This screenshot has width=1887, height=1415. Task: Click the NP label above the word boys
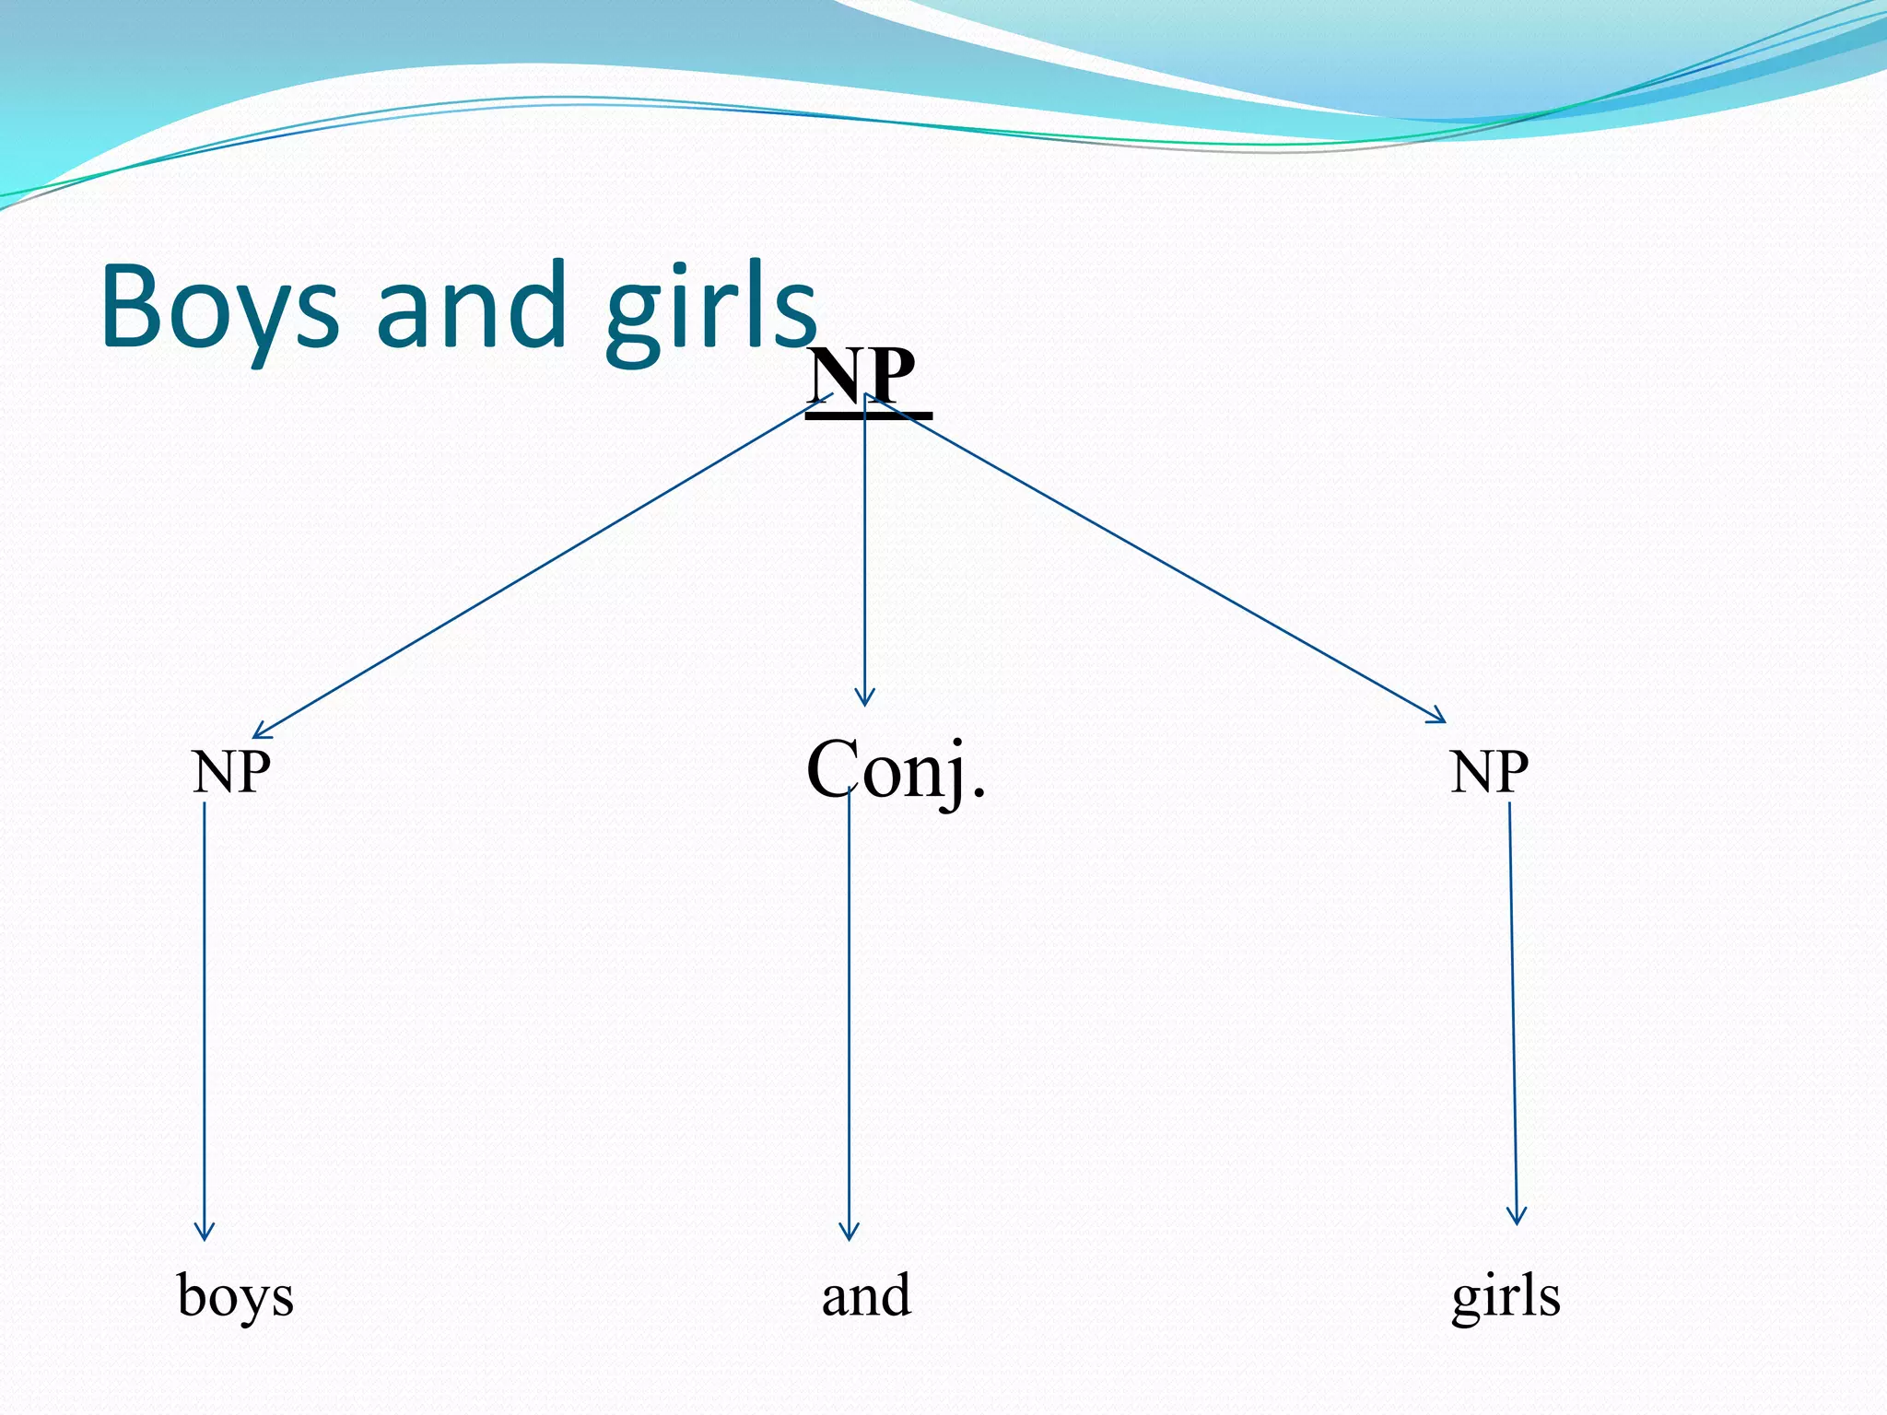pos(231,772)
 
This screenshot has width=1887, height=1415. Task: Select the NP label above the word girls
pos(1489,772)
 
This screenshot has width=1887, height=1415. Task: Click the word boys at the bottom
pos(235,1296)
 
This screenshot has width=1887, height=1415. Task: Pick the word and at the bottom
pos(866,1294)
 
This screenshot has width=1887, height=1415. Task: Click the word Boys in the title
pos(219,309)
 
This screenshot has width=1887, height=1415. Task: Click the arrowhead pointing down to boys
pos(205,1233)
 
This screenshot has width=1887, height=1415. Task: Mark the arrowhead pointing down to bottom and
pos(849,1233)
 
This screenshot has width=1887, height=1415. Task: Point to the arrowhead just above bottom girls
pos(1517,1216)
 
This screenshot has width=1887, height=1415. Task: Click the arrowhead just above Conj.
pos(864,697)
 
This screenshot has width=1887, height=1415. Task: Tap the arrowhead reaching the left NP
pos(262,731)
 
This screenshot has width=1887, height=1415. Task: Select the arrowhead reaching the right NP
pos(1437,717)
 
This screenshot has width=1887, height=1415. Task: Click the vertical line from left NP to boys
pos(205,1013)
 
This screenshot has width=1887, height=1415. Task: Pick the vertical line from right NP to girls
pos(1513,1013)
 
